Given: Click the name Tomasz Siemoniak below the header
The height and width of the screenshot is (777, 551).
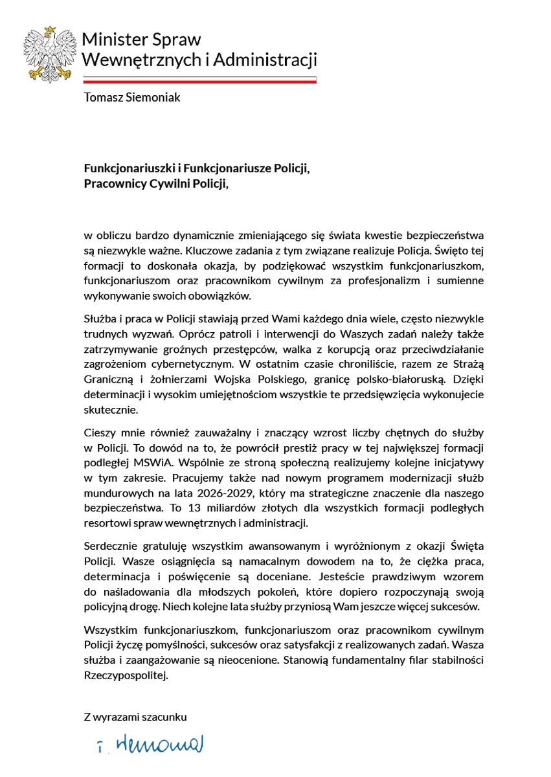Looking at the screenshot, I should [x=132, y=98].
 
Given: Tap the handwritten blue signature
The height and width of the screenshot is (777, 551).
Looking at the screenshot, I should [x=147, y=745].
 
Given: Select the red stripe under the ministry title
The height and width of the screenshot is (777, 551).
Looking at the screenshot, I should [x=200, y=82].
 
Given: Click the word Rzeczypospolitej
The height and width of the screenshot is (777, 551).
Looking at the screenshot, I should [x=125, y=676].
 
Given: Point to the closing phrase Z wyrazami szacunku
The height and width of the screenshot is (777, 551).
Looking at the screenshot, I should [x=135, y=717].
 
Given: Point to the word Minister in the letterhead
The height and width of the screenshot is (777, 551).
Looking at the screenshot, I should [x=111, y=40].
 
